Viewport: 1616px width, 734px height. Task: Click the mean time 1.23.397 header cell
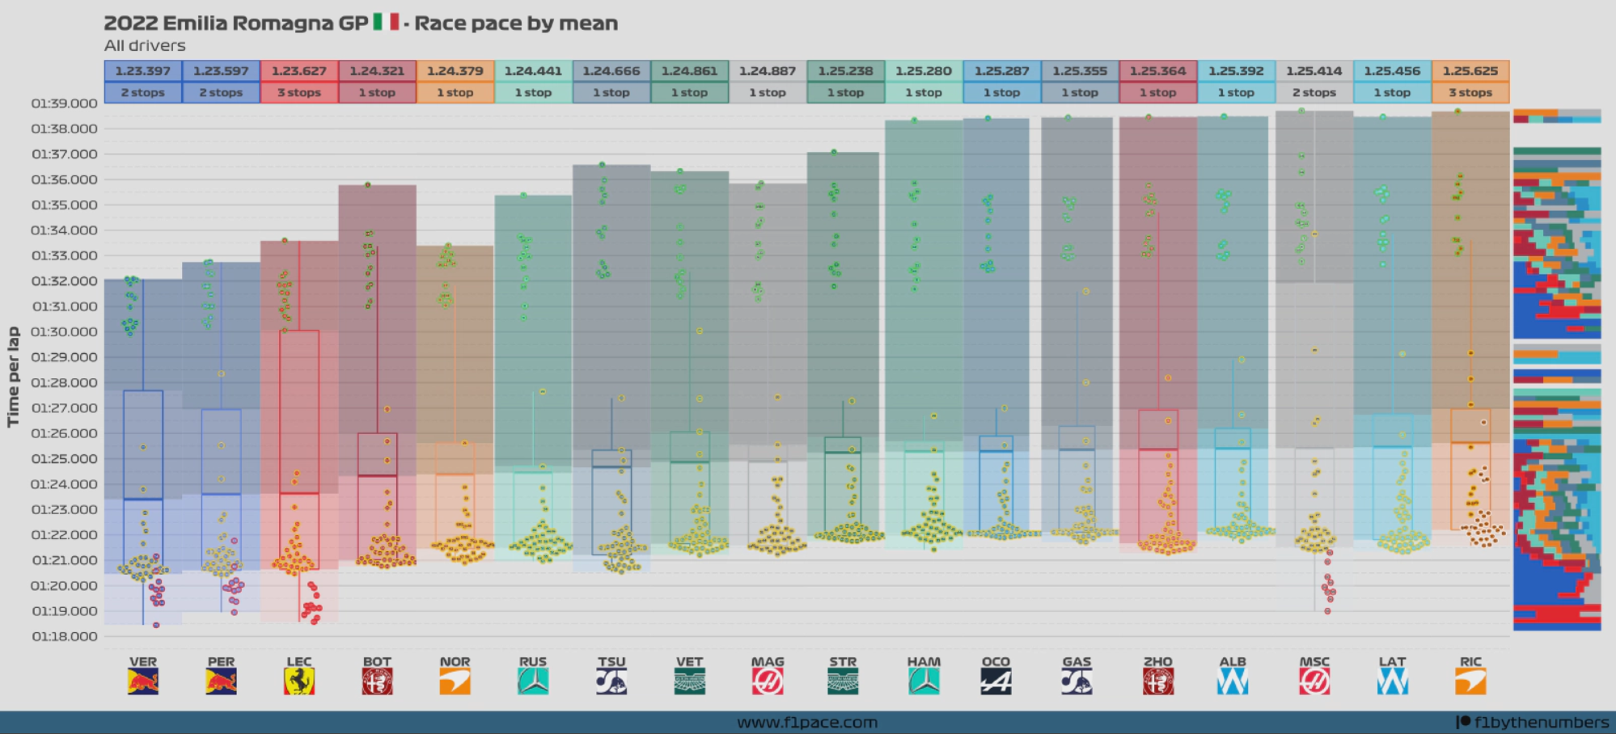point(143,71)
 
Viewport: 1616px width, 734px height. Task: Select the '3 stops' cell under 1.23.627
point(299,93)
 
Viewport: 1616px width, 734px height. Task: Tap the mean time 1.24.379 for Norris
point(455,71)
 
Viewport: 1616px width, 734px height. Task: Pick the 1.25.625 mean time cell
point(1470,71)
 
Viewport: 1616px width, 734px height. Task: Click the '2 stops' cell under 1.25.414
point(1314,93)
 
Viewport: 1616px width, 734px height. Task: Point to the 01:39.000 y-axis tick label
point(65,103)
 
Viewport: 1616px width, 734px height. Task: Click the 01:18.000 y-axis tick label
point(65,637)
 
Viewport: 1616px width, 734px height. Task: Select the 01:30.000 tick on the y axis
point(65,332)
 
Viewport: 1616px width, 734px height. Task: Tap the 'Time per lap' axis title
point(13,377)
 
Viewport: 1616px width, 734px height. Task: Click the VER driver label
point(143,662)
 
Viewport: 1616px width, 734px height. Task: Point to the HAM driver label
point(924,662)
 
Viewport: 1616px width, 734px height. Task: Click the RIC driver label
point(1470,662)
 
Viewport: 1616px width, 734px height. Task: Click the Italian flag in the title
point(386,23)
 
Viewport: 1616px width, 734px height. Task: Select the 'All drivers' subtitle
point(145,46)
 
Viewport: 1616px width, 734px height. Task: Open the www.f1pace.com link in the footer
point(807,723)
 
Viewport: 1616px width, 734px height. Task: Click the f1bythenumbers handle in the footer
point(1541,723)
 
